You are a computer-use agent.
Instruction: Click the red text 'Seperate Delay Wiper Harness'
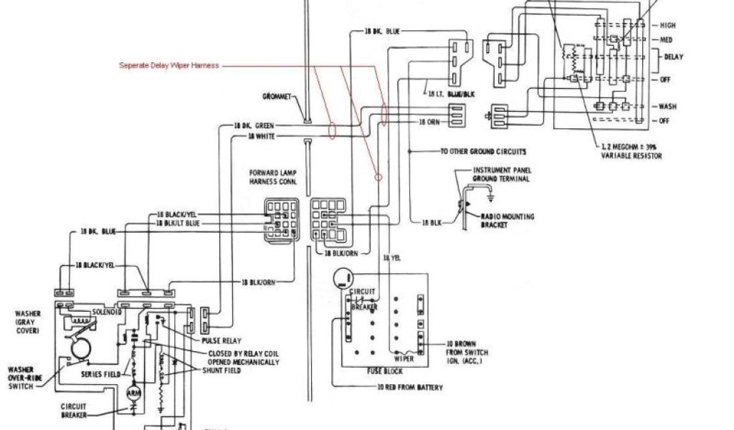click(x=168, y=65)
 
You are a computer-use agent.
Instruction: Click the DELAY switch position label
click(x=673, y=56)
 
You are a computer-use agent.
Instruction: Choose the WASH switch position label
click(x=667, y=106)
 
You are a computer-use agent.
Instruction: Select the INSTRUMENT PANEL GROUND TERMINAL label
click(x=501, y=174)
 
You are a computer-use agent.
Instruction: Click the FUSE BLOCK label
click(x=384, y=371)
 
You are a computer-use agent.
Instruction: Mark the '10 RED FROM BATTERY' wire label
click(x=410, y=387)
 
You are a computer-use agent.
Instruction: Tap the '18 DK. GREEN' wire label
click(x=254, y=125)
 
